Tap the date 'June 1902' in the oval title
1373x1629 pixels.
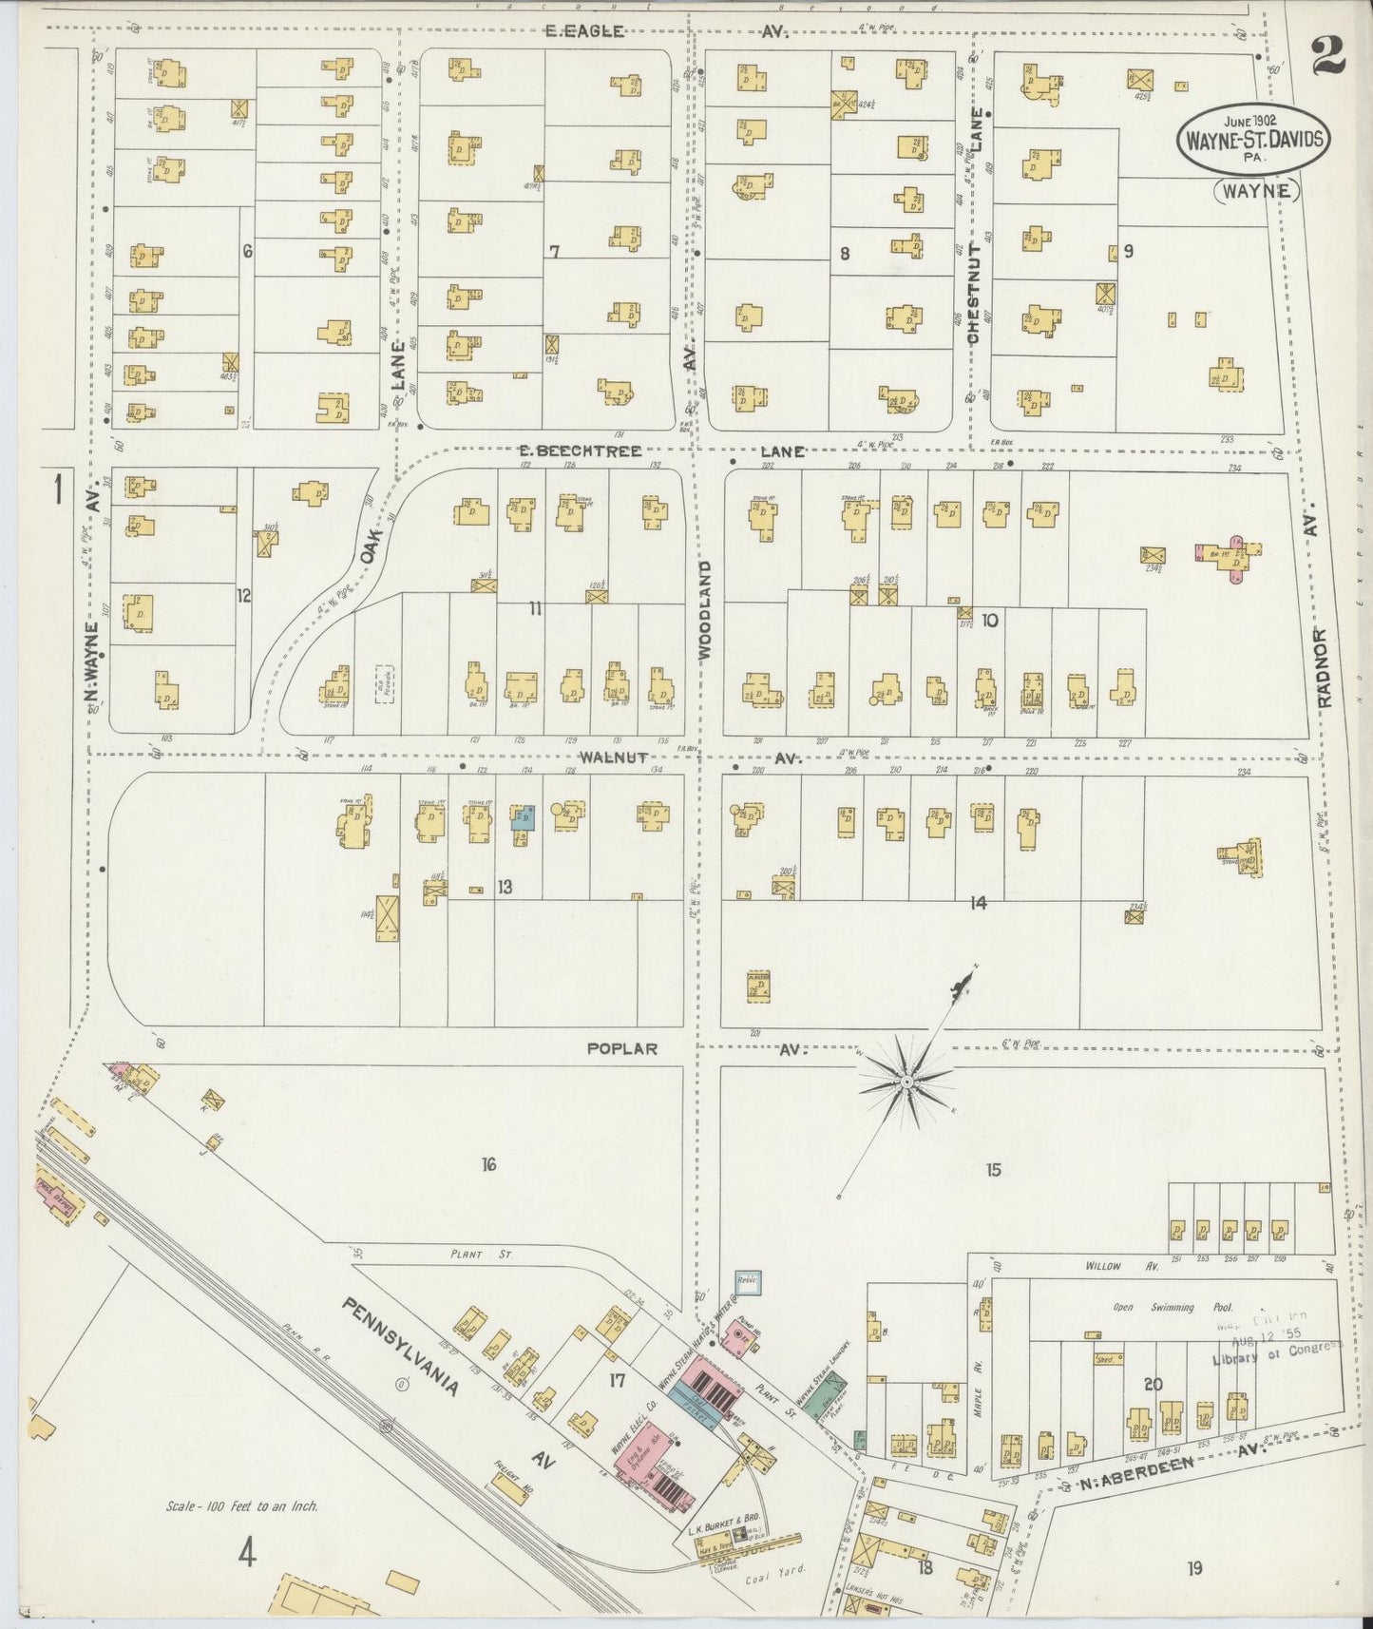point(1249,121)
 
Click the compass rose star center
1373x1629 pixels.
point(906,1082)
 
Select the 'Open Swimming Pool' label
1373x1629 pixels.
point(1154,1308)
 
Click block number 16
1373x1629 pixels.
point(488,1164)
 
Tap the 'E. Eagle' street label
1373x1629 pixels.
point(584,31)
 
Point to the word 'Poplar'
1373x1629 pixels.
point(622,1048)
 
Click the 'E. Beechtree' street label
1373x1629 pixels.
point(580,450)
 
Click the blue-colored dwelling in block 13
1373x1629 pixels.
point(522,817)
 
